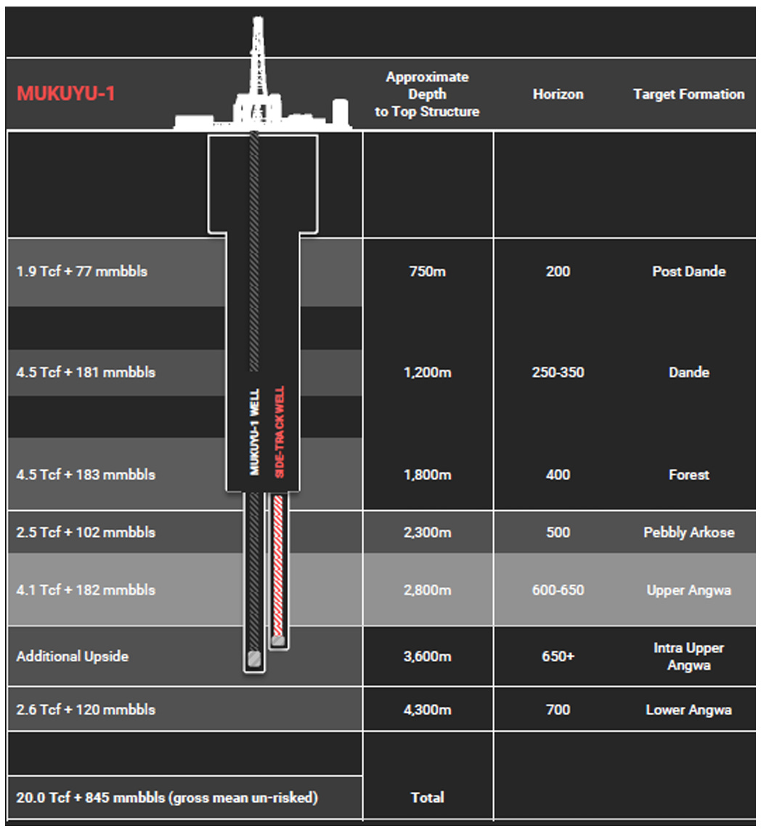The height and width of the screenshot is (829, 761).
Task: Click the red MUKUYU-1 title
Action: point(66,94)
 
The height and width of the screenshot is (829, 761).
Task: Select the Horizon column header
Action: point(558,94)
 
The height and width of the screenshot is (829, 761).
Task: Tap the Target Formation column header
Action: point(688,94)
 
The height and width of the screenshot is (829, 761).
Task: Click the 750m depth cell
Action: point(427,272)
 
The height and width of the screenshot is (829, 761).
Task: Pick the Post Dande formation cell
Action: point(688,272)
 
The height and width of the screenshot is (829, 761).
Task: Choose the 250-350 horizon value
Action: point(558,373)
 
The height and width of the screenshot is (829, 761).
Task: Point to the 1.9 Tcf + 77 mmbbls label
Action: point(81,272)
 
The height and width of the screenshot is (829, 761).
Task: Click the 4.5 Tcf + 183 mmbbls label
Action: point(86,475)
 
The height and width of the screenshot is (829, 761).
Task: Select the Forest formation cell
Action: point(688,475)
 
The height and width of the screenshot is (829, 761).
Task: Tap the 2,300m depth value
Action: point(427,533)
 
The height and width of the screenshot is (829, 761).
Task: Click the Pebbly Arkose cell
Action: point(688,533)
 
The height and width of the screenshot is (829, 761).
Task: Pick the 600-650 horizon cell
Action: point(558,590)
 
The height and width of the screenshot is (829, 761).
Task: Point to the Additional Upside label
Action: point(73,656)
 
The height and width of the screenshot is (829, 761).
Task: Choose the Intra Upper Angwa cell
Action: point(688,656)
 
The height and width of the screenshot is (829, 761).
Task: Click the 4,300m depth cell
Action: point(427,709)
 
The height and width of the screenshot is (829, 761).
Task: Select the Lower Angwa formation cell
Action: point(688,709)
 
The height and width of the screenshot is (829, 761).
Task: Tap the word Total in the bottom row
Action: point(427,797)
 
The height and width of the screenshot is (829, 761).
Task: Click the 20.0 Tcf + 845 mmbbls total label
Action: point(167,797)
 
